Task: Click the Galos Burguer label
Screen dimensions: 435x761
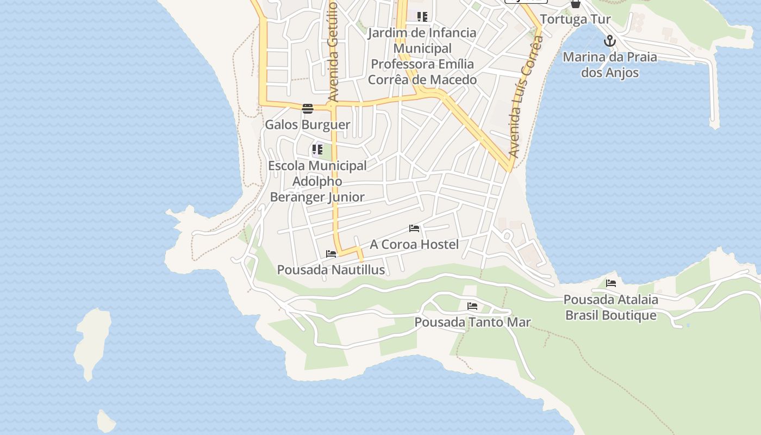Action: [x=307, y=125]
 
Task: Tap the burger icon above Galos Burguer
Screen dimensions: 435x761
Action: [x=308, y=109]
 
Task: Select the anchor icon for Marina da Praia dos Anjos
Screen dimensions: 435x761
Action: [x=610, y=41]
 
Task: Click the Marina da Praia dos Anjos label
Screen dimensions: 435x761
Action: [x=610, y=65]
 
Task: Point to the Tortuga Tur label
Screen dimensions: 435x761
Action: [x=575, y=20]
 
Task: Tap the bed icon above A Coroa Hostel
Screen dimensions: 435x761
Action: [x=414, y=228]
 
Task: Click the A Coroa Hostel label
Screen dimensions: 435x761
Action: [x=414, y=245]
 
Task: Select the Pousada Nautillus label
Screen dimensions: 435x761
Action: [x=331, y=270]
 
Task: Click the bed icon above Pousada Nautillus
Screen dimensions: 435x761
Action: [x=331, y=254]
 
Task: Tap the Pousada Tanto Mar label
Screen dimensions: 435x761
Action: [x=472, y=322]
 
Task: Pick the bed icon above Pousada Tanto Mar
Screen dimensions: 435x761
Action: [x=472, y=306]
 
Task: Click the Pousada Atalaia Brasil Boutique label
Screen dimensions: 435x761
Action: [x=611, y=307]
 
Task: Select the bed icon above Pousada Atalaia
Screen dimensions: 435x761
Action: [x=611, y=283]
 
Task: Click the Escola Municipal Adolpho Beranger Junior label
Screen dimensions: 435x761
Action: [x=317, y=181]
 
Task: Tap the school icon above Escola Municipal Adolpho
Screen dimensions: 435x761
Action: [x=317, y=149]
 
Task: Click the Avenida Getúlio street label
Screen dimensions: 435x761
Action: [x=333, y=52]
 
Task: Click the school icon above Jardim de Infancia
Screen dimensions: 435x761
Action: [x=422, y=16]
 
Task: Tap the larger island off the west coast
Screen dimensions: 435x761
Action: [x=92, y=343]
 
